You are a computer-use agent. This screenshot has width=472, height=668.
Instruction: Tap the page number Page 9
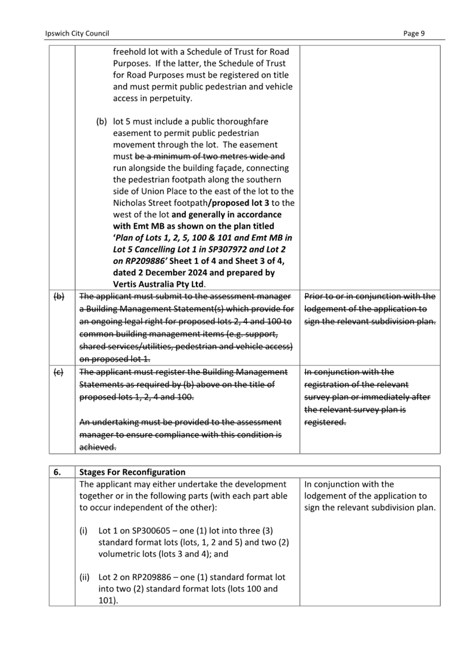(414, 34)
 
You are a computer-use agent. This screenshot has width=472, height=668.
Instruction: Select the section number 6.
(58, 472)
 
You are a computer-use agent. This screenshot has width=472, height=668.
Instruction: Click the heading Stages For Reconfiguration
(133, 472)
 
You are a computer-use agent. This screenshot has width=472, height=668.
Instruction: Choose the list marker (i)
(85, 530)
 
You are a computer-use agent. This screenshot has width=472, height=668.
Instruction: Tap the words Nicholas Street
(142, 203)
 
